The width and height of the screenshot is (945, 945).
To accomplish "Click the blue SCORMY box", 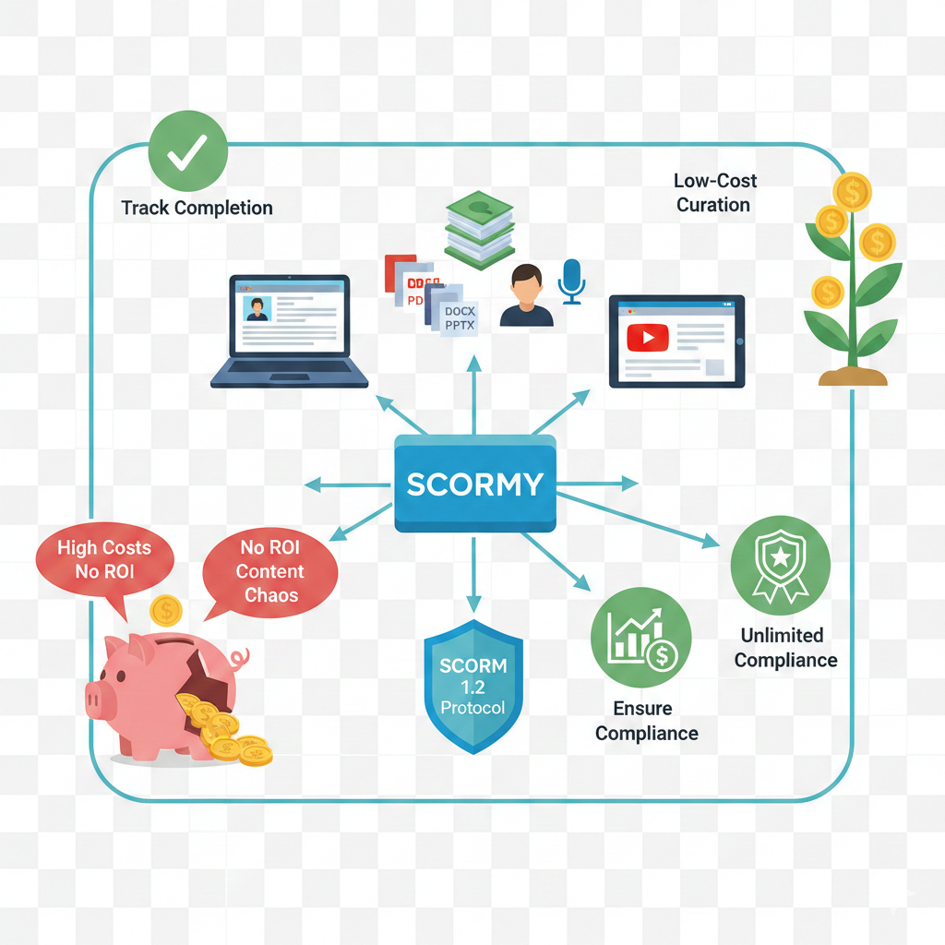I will (x=474, y=484).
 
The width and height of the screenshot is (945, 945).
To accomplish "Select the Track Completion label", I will (x=197, y=208).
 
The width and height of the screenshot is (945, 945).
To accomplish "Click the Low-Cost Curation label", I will (x=714, y=193).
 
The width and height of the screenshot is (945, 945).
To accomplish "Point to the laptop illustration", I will (x=289, y=329).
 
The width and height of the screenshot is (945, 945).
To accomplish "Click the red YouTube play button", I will (x=647, y=338).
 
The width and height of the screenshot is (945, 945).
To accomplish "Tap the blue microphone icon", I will (x=572, y=280).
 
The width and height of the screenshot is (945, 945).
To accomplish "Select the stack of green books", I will (x=480, y=227).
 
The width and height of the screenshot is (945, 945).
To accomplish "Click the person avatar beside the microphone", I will (x=526, y=295).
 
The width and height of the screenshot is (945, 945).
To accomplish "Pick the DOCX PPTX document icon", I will (x=459, y=318).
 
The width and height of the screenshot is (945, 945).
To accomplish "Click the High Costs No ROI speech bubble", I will (x=104, y=560).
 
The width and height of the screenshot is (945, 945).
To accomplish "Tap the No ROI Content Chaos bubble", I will (x=270, y=571).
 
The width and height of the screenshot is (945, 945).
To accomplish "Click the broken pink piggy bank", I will (x=166, y=692).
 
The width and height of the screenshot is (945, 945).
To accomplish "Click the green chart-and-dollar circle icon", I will (x=640, y=638).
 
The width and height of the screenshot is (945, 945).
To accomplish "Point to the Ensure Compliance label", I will (x=646, y=722).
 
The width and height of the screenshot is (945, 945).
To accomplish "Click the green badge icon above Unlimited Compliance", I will (x=780, y=566).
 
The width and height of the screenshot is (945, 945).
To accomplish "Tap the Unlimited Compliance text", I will (x=785, y=648).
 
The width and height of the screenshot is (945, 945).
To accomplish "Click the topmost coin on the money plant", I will (x=851, y=192).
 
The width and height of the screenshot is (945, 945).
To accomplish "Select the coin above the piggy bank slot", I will (x=165, y=610).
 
